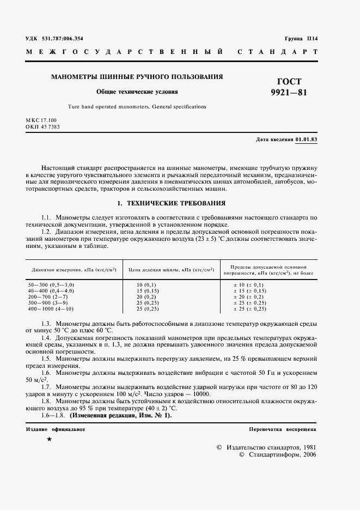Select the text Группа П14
pyautogui.click(x=301, y=38)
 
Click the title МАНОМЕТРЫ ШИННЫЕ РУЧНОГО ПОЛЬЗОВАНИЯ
pyautogui.click(x=137, y=77)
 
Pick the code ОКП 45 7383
pyautogui.click(x=42, y=126)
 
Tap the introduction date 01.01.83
pyautogui.click(x=307, y=139)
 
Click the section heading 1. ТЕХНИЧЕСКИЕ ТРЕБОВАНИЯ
pyautogui.click(x=172, y=203)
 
